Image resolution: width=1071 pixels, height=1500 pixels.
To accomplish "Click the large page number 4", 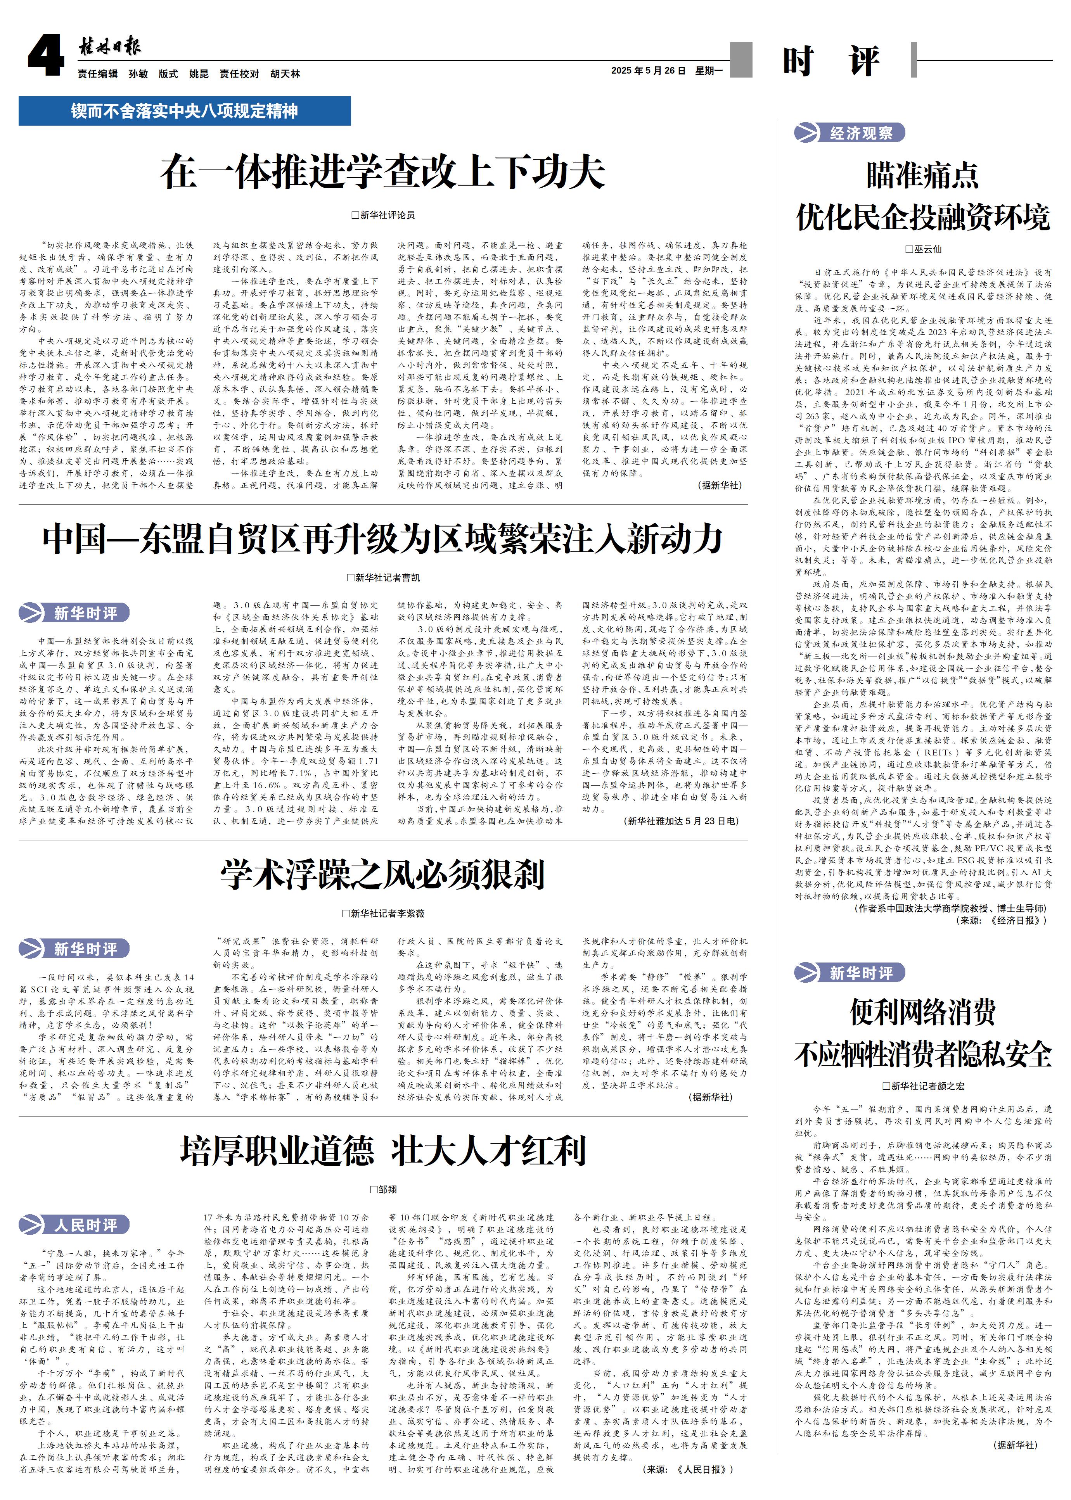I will click(x=45, y=57).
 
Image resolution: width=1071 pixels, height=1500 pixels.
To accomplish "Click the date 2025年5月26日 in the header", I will click(x=648, y=71).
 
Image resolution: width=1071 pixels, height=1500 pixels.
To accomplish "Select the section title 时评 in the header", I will click(x=831, y=61).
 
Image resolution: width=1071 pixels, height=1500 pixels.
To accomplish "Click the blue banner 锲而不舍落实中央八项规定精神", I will click(x=185, y=111).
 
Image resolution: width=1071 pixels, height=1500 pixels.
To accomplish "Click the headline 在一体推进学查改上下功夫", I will click(x=382, y=173).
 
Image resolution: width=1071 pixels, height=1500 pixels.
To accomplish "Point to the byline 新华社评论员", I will click(x=383, y=215).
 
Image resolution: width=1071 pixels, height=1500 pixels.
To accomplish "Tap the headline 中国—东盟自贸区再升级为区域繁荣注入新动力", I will click(x=382, y=539).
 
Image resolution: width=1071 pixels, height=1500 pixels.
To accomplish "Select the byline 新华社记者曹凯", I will click(x=383, y=577).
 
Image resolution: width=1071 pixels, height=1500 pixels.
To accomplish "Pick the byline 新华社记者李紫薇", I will click(x=383, y=913).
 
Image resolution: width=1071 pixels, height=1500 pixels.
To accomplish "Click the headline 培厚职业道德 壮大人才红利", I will click(x=382, y=1151).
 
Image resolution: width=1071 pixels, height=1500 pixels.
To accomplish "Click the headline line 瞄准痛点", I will click(x=922, y=175).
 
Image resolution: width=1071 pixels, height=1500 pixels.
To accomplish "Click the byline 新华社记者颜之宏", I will click(x=923, y=1085).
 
